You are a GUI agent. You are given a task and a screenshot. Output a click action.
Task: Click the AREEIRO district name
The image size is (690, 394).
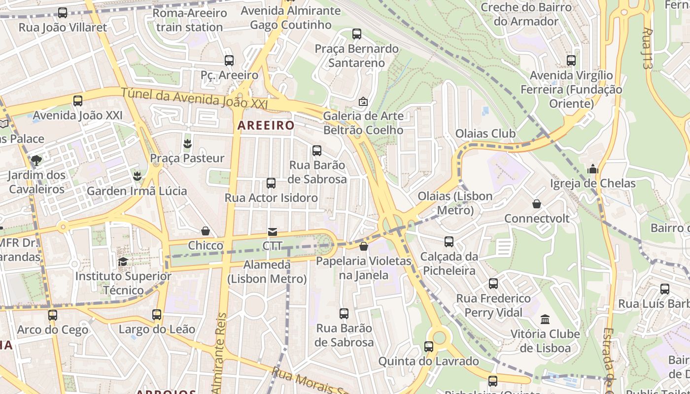pyautogui.click(x=266, y=125)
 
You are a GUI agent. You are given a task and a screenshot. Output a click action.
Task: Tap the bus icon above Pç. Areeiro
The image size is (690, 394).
pyautogui.click(x=229, y=61)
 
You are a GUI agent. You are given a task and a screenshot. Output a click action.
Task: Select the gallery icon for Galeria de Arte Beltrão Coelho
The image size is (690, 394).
pyautogui.click(x=363, y=101)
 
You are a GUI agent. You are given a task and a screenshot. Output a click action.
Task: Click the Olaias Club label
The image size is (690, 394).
pyautogui.click(x=485, y=133)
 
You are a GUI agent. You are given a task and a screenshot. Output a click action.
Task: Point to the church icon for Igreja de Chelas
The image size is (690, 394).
pyautogui.click(x=592, y=169)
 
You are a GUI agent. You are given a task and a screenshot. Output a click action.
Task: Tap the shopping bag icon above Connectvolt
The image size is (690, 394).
pyautogui.click(x=537, y=204)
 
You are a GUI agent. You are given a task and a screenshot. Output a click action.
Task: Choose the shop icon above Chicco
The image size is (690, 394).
pyautogui.click(x=206, y=231)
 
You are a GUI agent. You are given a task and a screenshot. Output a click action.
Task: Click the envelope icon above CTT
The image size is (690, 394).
pyautogui.click(x=272, y=231)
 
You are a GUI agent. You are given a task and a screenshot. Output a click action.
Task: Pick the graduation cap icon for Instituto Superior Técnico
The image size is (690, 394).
pyautogui.click(x=123, y=262)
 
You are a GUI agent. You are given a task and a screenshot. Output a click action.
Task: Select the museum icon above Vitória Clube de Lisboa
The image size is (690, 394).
pyautogui.click(x=545, y=320)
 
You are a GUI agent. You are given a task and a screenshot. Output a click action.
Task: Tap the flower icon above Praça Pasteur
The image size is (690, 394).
pyautogui.click(x=187, y=144)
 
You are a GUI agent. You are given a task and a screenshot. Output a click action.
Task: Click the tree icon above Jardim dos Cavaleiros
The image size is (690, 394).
pyautogui.click(x=36, y=160)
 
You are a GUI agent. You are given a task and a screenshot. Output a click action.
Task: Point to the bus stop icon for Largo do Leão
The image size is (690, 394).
pyautogui.click(x=157, y=314)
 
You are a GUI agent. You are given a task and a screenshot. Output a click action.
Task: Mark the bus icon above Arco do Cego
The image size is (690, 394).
pyautogui.click(x=53, y=315)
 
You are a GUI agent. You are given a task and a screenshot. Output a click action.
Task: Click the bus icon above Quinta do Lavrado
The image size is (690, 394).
pyautogui.click(x=429, y=347)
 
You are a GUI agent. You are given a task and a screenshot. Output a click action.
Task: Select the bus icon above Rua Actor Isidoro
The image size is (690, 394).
pyautogui.click(x=271, y=183)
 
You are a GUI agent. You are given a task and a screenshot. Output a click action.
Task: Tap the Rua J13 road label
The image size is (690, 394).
pyautogui.click(x=648, y=48)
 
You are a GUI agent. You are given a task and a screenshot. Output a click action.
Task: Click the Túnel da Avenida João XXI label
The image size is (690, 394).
pyautogui.click(x=194, y=98)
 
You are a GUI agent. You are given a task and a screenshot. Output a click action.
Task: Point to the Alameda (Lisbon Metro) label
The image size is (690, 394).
pyautogui.click(x=267, y=272)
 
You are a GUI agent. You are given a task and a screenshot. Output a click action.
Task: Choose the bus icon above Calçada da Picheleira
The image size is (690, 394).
pyautogui.click(x=449, y=242)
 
